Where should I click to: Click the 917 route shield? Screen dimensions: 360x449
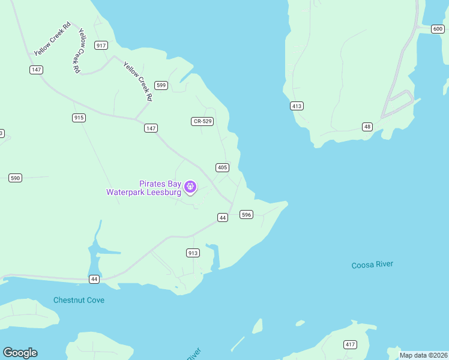pos(101,46)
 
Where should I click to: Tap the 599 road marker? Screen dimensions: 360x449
pos(161,85)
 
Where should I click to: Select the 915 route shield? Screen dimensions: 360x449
pos(79,118)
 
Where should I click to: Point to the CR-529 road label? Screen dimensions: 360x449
pos(202,121)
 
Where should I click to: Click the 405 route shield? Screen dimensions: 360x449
pos(222,167)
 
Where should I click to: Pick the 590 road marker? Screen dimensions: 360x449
pos(16,178)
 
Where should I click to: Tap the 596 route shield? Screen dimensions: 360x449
pos(246,214)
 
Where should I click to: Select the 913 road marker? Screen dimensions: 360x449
pos(193,253)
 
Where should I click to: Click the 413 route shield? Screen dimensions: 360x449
pos(297,106)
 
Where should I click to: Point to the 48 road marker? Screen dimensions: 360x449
pos(367,127)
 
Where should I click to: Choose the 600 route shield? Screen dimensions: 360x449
pos(438,29)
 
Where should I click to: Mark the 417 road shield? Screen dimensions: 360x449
pos(350,344)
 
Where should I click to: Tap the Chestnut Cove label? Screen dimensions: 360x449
pos(79,300)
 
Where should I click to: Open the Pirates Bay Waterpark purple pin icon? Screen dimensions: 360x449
pos(190,188)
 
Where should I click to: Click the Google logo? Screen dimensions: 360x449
pos(20,353)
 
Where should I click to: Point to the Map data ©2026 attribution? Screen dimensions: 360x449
pos(423,355)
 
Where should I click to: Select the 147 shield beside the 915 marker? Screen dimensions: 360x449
pos(151,128)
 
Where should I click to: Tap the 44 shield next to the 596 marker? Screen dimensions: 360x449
pos(223,217)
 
